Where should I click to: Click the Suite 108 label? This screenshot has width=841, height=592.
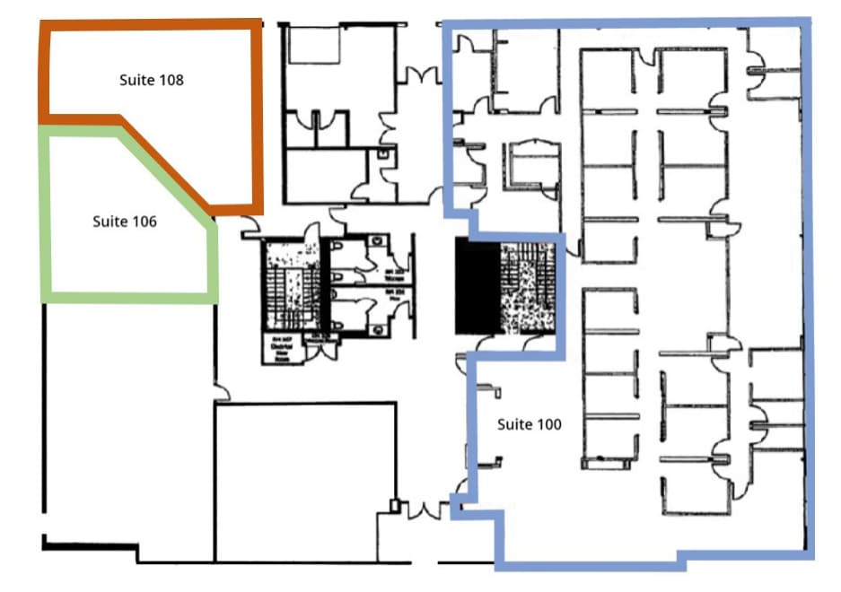tap(151, 80)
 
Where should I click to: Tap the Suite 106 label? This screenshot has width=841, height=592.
tap(124, 221)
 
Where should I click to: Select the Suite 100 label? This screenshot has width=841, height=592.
tap(530, 424)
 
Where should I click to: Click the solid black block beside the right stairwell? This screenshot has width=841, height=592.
tap(477, 285)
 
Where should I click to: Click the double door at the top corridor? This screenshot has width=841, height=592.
tap(418, 75)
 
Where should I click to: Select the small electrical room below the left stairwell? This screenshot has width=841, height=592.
tap(281, 348)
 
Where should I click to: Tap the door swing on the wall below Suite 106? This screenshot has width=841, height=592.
tap(221, 393)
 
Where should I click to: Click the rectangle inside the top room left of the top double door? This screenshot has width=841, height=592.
tap(314, 44)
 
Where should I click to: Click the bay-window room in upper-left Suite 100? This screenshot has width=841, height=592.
tap(530, 165)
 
